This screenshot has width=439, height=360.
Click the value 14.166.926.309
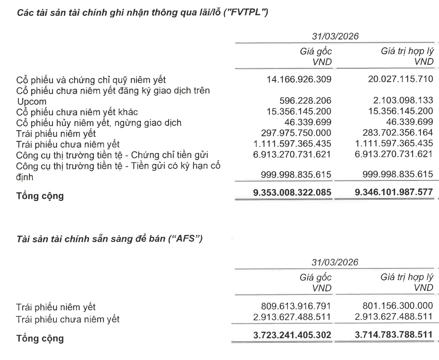point(299,79)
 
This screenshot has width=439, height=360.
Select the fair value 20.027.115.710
point(400,79)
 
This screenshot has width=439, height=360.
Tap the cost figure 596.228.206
point(305,101)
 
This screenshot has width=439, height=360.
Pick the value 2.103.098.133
point(403,101)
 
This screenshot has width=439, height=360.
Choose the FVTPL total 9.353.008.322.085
point(292,192)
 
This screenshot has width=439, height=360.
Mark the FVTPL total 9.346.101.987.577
point(394,192)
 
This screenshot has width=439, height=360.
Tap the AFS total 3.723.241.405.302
point(292,335)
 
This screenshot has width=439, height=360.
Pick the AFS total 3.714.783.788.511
point(393,334)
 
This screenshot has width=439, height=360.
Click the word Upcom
point(32,102)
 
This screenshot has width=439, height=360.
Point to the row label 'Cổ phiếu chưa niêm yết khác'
point(77,112)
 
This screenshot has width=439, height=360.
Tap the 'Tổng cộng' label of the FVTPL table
point(40,195)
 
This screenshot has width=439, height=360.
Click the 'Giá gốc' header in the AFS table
point(315,278)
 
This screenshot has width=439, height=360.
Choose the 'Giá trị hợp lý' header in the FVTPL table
point(407,52)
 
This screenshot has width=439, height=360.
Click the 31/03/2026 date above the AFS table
point(335,262)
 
